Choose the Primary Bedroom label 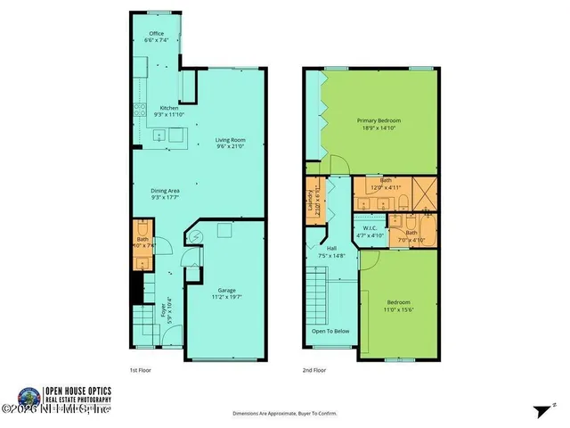379,123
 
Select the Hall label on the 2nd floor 331,251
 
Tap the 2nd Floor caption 313,369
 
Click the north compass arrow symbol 540,410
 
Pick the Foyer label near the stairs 164,313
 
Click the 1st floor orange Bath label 142,242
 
